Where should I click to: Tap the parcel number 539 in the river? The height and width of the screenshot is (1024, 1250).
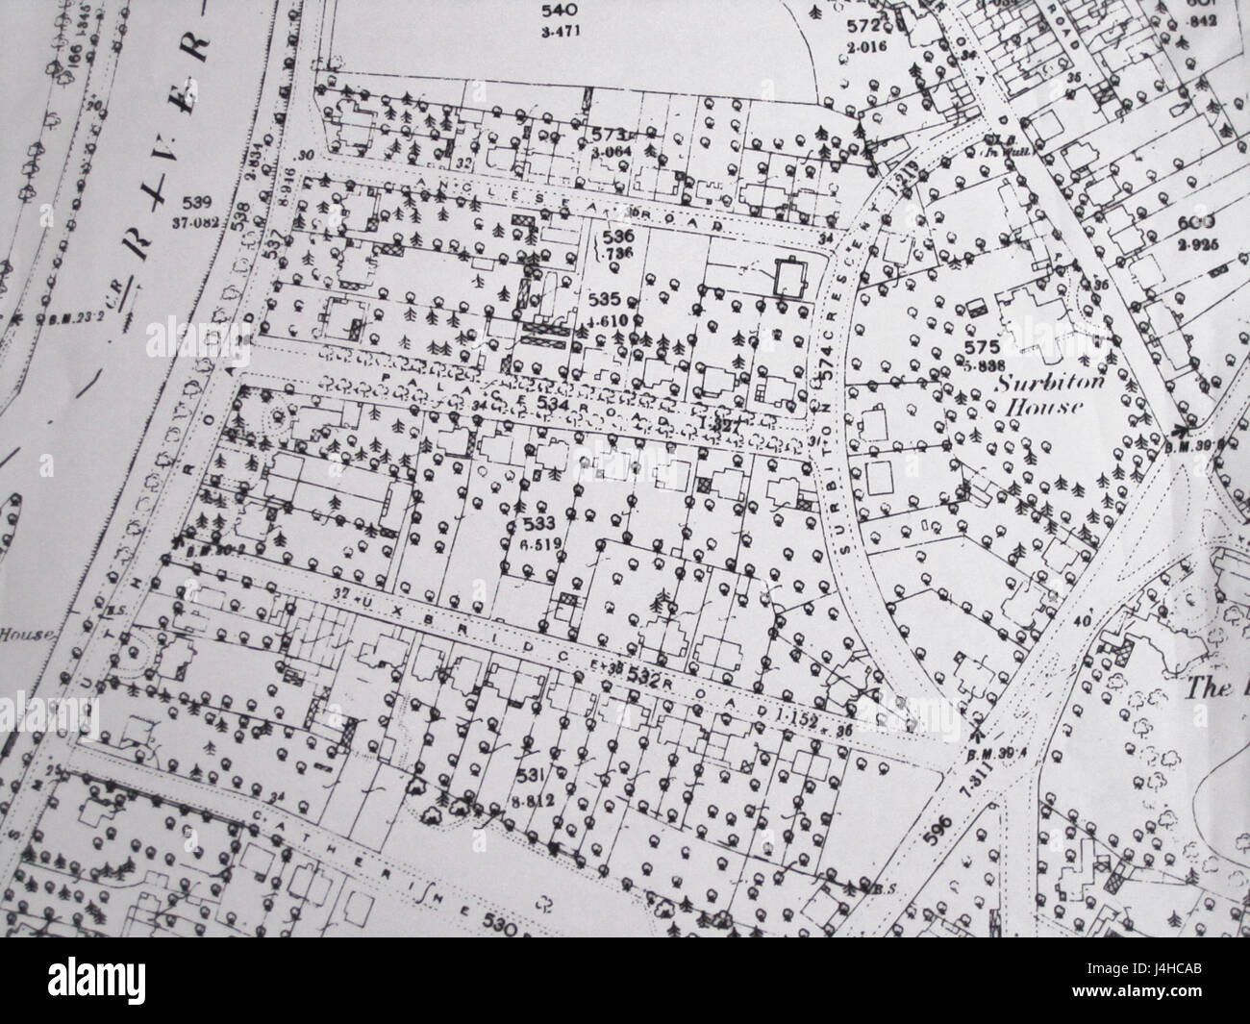coord(193,203)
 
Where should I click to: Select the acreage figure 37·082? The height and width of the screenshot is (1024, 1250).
coord(195,223)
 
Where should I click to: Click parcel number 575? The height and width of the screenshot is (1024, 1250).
coord(987,347)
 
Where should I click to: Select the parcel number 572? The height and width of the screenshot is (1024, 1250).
coord(862,26)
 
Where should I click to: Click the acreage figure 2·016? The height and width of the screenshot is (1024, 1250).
coord(863,45)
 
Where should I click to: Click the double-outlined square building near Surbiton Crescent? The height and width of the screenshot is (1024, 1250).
coord(790,279)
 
